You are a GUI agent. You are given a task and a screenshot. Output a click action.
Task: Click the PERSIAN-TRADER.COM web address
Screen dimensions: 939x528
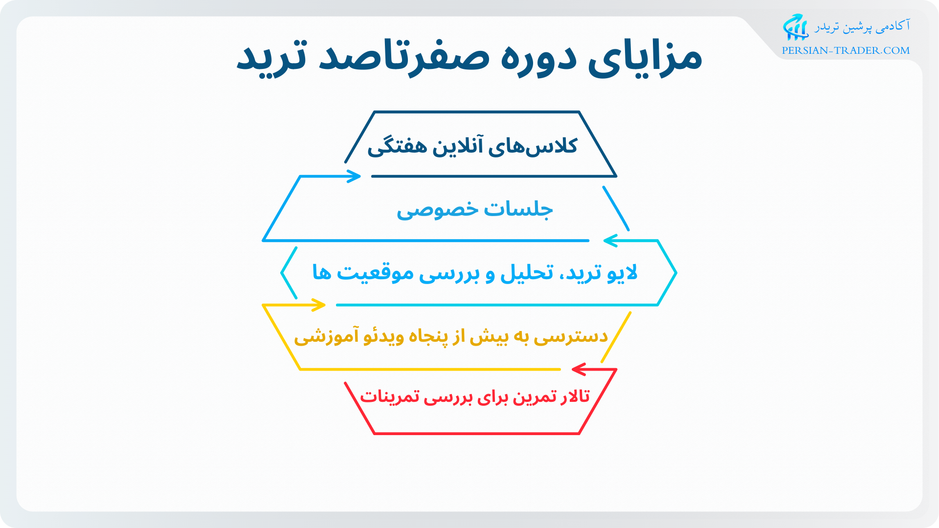click(846, 50)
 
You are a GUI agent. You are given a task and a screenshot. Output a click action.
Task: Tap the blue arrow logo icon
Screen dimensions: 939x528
click(795, 27)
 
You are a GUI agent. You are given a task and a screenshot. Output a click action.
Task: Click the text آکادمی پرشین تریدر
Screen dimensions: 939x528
click(862, 26)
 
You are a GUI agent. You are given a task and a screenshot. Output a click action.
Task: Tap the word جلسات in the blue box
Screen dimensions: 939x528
click(518, 209)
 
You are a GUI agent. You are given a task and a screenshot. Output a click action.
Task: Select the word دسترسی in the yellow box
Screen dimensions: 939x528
click(571, 336)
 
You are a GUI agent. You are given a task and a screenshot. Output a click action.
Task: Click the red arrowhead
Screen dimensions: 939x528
click(579, 369)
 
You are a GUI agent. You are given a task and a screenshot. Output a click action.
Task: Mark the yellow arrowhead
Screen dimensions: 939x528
click(319, 305)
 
